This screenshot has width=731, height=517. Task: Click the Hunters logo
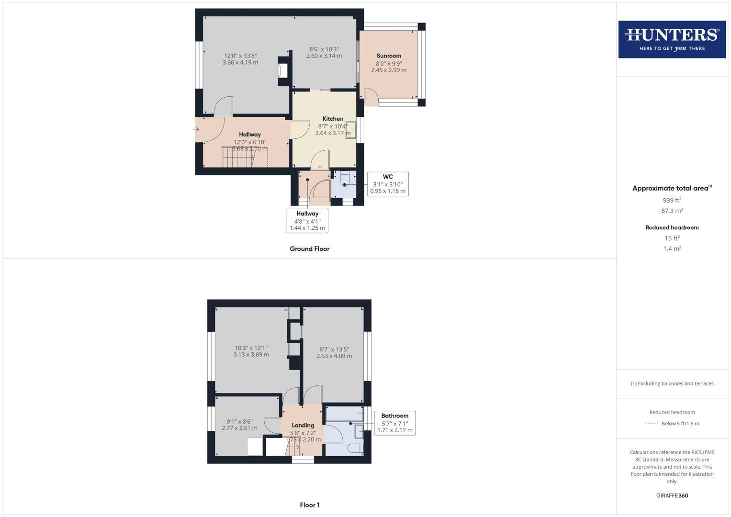click(x=672, y=39)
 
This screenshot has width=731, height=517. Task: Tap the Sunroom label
click(x=389, y=56)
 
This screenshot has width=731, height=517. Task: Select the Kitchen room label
click(x=333, y=119)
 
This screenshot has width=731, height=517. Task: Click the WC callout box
click(x=388, y=184)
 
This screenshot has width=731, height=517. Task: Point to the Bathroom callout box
click(x=395, y=423)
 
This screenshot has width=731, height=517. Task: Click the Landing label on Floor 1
click(x=303, y=425)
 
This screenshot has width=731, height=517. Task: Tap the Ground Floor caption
click(x=309, y=249)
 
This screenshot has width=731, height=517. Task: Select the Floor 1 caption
click(x=310, y=505)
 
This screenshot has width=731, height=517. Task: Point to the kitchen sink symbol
click(x=351, y=130)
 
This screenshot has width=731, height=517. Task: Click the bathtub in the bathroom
click(x=344, y=414)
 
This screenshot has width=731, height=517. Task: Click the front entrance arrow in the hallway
click(x=196, y=130)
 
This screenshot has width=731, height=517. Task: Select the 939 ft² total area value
click(x=672, y=200)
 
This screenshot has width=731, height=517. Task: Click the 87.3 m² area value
click(x=672, y=211)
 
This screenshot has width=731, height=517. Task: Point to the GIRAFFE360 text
click(x=672, y=495)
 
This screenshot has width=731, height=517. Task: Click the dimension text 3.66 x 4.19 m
click(x=240, y=63)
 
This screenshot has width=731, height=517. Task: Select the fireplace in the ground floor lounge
click(x=283, y=71)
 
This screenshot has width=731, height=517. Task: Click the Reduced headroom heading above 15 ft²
click(x=672, y=227)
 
